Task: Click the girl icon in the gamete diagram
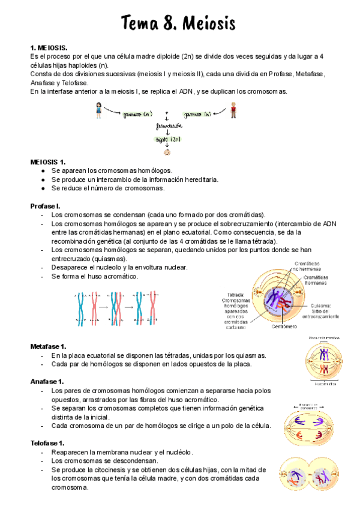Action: [98, 110]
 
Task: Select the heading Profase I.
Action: [45, 206]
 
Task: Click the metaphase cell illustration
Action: [324, 361]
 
